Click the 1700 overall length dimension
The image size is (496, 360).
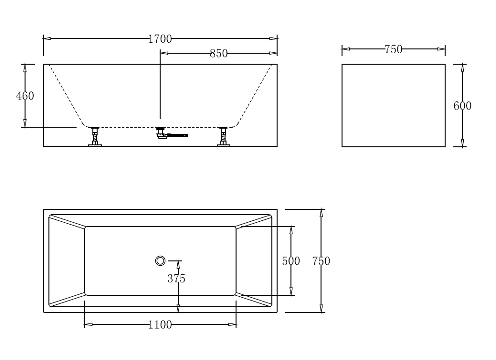160,39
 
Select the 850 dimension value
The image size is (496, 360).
219,53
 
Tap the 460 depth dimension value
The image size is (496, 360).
25,96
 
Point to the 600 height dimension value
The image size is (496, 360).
462,105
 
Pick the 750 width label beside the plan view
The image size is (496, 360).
321,261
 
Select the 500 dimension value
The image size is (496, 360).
291,261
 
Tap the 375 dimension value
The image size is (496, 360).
176,279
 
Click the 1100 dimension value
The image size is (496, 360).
160,325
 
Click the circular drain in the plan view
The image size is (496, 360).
160,260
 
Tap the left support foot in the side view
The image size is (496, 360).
94,137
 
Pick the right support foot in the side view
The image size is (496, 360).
224,137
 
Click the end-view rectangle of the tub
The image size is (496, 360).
393,105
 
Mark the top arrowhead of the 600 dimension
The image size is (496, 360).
463,67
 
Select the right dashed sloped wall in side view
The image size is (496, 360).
255,95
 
